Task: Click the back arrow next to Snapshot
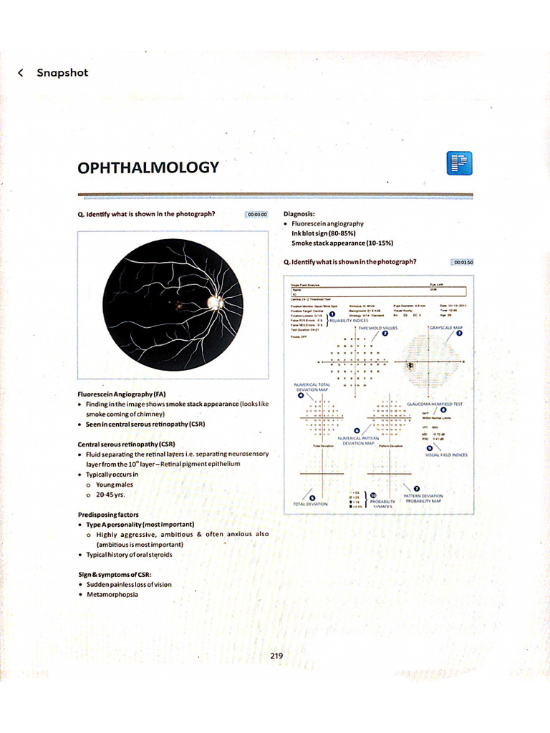[21, 72]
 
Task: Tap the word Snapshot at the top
[62, 72]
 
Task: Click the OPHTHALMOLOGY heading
[148, 168]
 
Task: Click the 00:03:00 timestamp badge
[256, 214]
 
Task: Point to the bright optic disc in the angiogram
[214, 303]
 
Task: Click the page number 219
[278, 656]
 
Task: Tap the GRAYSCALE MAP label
[446, 327]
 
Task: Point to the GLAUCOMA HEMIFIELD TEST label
[434, 404]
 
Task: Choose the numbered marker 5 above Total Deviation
[311, 497]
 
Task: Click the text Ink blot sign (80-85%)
[324, 233]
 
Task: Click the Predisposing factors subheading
[108, 515]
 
